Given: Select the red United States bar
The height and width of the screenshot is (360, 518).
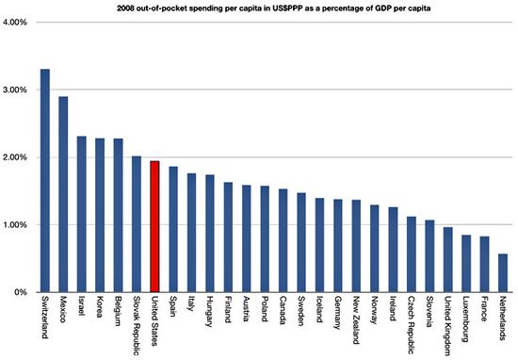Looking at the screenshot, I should tap(154, 226).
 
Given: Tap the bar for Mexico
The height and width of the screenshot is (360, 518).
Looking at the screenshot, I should tap(63, 194).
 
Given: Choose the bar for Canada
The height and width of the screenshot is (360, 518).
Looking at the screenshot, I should tap(283, 240).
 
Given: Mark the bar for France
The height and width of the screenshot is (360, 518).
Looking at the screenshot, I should tap(483, 264).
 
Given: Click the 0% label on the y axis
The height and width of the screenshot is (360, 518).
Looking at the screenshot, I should tap(24, 293).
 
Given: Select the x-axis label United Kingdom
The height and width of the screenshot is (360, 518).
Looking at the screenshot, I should tap(446, 326).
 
